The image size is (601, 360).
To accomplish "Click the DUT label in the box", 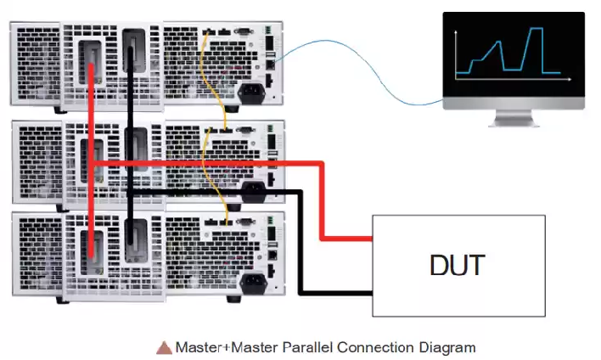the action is point(458,265).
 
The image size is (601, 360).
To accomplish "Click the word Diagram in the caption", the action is point(447,348).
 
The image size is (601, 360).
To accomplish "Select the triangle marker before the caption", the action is point(164,348).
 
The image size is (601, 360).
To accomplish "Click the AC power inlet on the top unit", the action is point(251,93).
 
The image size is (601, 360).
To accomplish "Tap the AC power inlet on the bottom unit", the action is point(253,283).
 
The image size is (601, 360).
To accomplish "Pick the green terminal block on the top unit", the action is point(268,30).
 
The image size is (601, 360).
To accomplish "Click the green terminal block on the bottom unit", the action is point(271,220).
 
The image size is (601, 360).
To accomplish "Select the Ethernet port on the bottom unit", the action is point(272,255).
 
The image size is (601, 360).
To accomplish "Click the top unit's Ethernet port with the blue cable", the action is point(270,64).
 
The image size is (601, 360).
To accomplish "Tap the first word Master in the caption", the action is point(198,347).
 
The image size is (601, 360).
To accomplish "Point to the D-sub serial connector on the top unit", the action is point(243,31).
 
